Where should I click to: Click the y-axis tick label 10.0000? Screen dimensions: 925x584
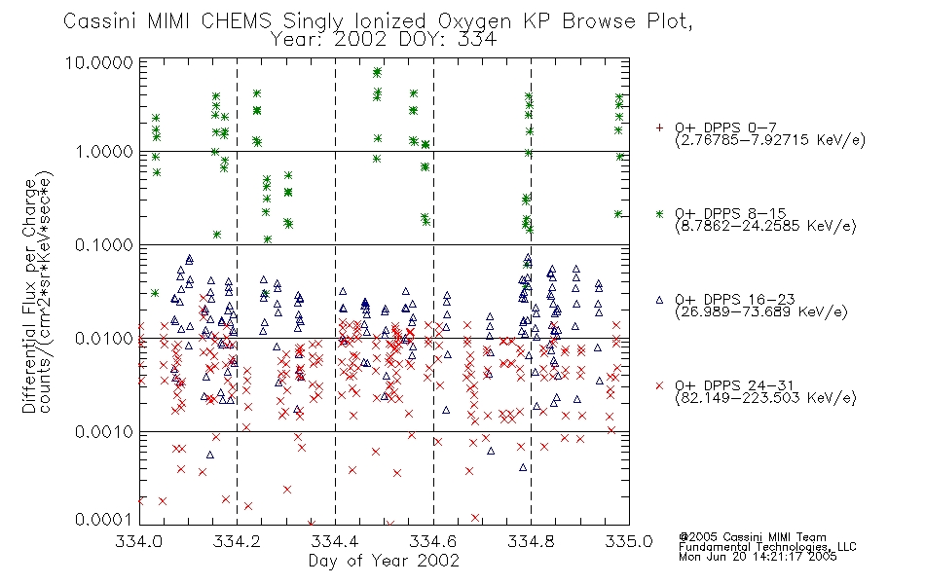coord(99,62)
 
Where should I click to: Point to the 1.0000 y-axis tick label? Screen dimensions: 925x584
coord(104,152)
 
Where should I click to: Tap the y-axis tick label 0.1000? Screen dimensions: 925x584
coord(104,245)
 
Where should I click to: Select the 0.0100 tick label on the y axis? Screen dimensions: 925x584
coord(104,339)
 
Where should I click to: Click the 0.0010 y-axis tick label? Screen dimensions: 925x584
coord(104,432)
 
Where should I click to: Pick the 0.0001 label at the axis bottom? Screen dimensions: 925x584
coord(104,519)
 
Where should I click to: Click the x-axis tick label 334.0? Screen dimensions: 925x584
coord(139,541)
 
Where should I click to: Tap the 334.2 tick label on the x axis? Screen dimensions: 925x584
coord(238,541)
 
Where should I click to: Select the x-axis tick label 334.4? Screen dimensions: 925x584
coord(335,541)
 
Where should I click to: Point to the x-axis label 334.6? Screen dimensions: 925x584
coord(433,541)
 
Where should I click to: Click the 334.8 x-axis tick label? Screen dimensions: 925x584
coord(531,541)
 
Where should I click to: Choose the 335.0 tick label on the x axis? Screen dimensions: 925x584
coord(629,541)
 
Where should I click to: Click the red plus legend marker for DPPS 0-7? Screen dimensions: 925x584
coord(659,128)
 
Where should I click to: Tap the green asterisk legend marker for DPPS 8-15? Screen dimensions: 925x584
coord(659,213)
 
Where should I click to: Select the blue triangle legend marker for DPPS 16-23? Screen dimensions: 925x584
coord(659,300)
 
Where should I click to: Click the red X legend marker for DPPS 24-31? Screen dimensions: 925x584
coord(659,385)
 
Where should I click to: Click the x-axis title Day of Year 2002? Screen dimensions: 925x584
coord(384,561)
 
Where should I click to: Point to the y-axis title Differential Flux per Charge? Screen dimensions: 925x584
coord(29,296)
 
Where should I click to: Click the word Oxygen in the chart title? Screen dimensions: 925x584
coord(475,21)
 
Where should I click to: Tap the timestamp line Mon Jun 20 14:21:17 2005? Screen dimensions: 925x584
coord(758,557)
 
